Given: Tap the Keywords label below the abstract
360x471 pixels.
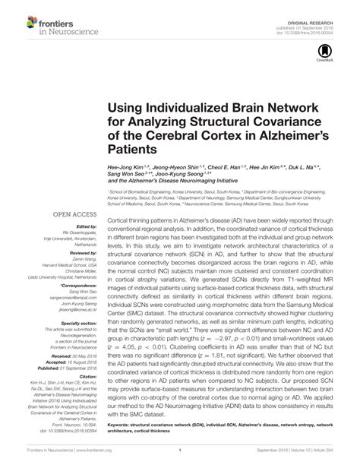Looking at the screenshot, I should point(124,425).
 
